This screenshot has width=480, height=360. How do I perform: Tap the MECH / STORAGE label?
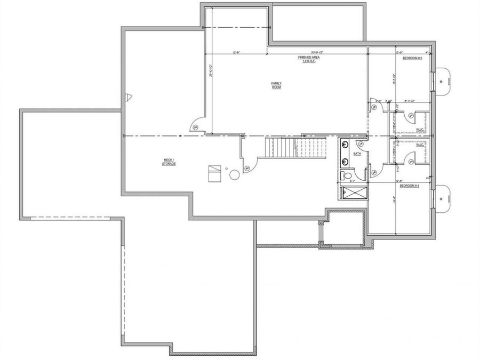[x=169, y=162]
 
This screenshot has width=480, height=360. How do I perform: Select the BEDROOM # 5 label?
[x=412, y=58]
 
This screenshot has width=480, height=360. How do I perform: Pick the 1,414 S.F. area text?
[x=308, y=61]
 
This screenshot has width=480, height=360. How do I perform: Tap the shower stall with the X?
[x=352, y=192]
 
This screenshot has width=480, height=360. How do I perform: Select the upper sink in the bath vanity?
[x=344, y=144]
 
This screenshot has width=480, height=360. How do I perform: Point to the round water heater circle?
[x=234, y=174]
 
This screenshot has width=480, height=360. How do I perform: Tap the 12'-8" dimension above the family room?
[x=236, y=52]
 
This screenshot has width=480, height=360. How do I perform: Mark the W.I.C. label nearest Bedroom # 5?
[x=419, y=129]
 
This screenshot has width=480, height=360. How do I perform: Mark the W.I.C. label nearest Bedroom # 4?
[x=419, y=145]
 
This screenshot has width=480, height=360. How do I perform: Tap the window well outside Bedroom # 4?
[x=442, y=197]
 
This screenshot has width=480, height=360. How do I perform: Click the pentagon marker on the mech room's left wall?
[x=129, y=97]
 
